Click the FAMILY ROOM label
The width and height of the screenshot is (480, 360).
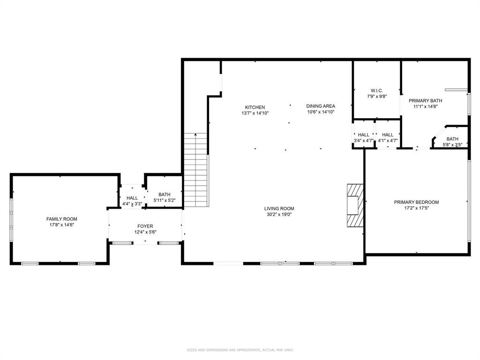tap(61, 219)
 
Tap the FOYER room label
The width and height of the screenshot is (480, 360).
tap(145, 226)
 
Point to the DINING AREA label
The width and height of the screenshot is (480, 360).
tap(321, 106)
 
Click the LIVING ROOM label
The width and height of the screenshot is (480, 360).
tap(279, 209)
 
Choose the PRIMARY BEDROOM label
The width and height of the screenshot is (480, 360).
tap(416, 202)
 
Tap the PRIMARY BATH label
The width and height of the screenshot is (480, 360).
tap(425, 100)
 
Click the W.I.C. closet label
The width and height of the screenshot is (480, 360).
tap(376, 90)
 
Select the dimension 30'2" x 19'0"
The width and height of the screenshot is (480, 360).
tap(279, 215)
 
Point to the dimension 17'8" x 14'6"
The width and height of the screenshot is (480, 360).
tap(61, 225)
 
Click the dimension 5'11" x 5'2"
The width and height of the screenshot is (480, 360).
tap(164, 201)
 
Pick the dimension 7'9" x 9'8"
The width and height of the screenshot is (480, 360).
tap(376, 96)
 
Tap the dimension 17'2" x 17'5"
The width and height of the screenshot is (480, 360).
tap(416, 208)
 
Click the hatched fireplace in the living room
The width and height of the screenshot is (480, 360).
tap(355, 205)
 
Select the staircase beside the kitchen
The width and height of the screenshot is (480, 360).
tap(196, 170)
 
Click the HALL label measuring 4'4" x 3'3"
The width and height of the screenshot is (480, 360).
tap(132, 198)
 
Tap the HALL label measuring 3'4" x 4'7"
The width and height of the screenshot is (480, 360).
tap(363, 135)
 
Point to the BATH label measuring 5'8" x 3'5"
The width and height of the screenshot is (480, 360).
tap(452, 139)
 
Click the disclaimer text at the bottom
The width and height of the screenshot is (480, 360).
tap(240, 350)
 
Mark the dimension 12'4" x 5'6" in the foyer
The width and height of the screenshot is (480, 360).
tap(145, 232)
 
